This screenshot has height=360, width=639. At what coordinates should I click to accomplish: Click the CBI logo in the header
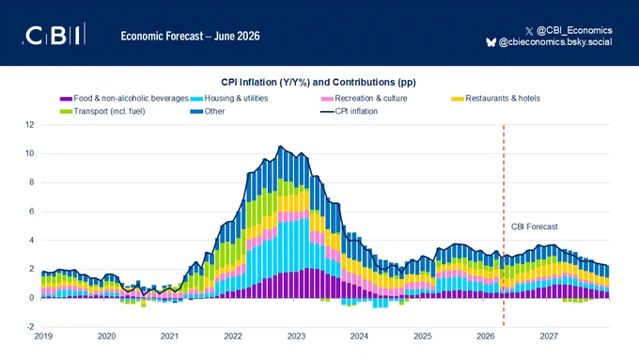(x=55, y=34)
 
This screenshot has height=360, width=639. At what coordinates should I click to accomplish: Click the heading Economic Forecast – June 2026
(x=191, y=37)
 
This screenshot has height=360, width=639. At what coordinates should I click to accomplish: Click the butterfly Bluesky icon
(x=491, y=42)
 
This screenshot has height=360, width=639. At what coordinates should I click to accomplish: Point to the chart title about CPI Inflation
(x=319, y=83)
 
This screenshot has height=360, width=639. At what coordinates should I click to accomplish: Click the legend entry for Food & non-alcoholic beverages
(x=124, y=99)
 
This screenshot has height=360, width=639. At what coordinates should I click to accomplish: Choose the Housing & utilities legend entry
(x=229, y=99)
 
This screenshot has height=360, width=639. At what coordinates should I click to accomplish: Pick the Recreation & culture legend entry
(x=365, y=99)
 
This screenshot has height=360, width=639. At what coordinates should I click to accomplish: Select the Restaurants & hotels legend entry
(x=495, y=99)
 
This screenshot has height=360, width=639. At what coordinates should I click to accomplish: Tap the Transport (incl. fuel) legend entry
(x=102, y=111)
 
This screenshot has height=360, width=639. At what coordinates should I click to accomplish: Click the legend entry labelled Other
(x=208, y=111)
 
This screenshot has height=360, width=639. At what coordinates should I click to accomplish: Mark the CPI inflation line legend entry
(x=350, y=111)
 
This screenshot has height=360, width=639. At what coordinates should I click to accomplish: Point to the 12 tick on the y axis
(x=30, y=125)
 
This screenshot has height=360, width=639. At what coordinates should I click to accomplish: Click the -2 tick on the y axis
(x=31, y=327)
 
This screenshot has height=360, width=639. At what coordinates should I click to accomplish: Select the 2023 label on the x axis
(x=296, y=337)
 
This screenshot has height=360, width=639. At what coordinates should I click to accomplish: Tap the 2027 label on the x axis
(x=549, y=337)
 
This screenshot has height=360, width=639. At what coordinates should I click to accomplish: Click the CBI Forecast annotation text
(x=535, y=227)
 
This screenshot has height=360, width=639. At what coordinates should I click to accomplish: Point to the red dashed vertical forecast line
(x=504, y=226)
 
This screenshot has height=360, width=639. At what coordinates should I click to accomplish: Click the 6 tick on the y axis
(x=32, y=211)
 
